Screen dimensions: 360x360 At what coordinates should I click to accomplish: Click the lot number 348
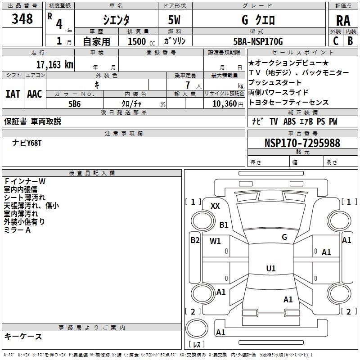click(x=22, y=19)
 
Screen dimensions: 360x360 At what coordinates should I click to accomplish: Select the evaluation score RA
click(x=343, y=20)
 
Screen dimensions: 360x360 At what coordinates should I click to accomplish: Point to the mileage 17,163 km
click(x=54, y=64)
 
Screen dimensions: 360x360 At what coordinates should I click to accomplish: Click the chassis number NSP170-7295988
click(x=302, y=144)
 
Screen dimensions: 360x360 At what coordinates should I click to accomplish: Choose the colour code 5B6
click(x=74, y=103)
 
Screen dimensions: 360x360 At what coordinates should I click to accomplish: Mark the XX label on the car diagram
click(x=215, y=206)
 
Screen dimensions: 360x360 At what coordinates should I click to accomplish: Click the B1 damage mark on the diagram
click(x=224, y=225)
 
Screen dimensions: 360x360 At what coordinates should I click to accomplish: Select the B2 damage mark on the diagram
click(x=194, y=240)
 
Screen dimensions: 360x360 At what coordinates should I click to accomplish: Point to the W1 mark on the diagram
click(x=215, y=241)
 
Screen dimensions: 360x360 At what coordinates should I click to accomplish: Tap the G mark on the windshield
click(x=284, y=237)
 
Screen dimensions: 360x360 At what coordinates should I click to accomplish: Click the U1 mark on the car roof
click(x=271, y=269)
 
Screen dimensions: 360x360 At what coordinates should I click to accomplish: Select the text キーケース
click(x=23, y=336)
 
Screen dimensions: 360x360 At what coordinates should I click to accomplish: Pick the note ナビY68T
click(x=27, y=143)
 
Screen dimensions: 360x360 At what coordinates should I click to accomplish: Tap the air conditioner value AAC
click(x=35, y=94)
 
